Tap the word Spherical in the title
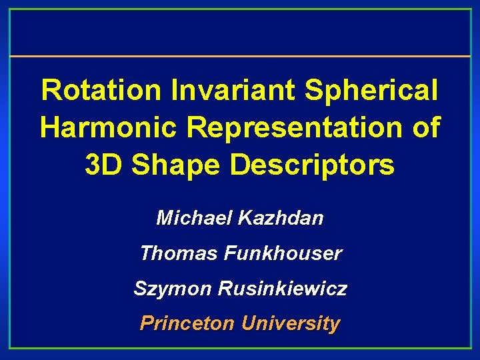(x=371, y=91)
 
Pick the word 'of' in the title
(x=425, y=128)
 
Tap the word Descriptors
(x=312, y=165)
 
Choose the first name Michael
(x=185, y=218)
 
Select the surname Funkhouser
(x=283, y=254)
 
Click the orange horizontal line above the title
(x=240, y=56)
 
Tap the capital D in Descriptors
(x=239, y=165)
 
